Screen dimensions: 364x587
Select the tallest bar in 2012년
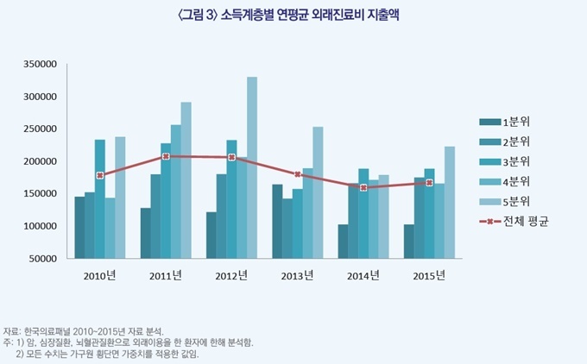coord(252,168)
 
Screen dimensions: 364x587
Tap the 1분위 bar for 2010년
coord(79,228)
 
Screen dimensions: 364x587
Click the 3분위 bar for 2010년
coord(100,198)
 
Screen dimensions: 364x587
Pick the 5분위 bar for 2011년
coord(186,180)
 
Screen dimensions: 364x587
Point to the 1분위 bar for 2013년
coord(277,222)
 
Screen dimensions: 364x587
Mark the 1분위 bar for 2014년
coord(343,242)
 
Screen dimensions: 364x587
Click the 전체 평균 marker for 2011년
coord(166,156)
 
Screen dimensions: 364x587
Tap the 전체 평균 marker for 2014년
coord(363,187)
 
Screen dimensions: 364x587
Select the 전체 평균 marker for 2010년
coord(100,175)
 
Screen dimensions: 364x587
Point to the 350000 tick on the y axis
coord(40,64)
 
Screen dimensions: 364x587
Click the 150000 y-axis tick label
coord(40,193)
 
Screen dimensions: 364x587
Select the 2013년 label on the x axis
coord(298,276)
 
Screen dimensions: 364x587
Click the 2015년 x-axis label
coord(429,276)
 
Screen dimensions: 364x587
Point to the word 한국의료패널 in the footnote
coord(50,331)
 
